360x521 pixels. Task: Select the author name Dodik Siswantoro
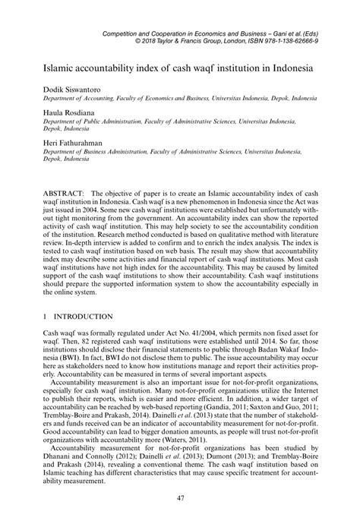pyautogui.click(x=55, y=89)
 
